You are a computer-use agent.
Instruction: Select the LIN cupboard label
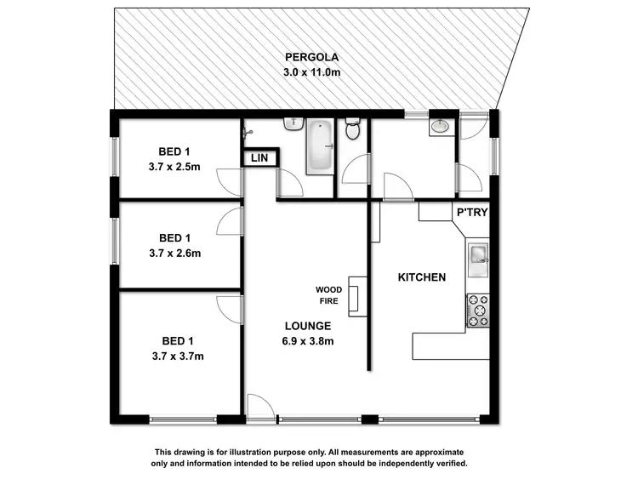click(258, 158)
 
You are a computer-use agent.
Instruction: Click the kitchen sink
click(476, 255)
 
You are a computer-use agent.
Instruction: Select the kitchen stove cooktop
click(478, 311)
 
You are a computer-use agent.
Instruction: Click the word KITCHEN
click(422, 277)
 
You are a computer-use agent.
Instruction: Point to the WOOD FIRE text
click(329, 295)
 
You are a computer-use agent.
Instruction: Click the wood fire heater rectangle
click(354, 297)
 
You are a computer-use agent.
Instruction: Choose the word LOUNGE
click(307, 326)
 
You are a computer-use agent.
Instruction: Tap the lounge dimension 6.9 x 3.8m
click(307, 341)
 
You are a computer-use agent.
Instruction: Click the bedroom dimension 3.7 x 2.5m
click(174, 167)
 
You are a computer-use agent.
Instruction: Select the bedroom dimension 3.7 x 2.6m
click(174, 253)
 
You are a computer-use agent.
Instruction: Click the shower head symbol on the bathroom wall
click(248, 133)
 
